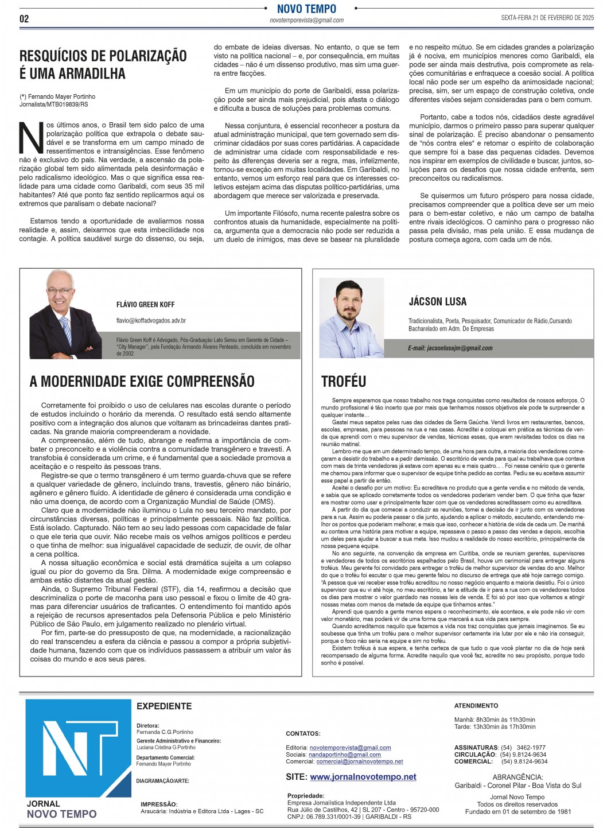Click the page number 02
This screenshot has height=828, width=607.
24,18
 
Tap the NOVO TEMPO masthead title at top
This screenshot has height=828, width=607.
306,9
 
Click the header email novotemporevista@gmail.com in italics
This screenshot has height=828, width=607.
306,20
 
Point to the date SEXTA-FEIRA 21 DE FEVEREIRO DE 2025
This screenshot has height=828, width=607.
547,18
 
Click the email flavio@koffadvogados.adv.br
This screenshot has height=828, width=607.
151,321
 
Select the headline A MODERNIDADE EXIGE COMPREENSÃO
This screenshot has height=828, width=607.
142,381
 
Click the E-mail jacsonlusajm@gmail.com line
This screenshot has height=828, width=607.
450,348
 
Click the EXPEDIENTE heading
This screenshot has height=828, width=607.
164,706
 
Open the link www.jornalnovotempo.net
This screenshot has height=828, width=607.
363,776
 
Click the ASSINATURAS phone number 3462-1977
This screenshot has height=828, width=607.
531,748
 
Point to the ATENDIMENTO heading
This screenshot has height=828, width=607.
476,705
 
